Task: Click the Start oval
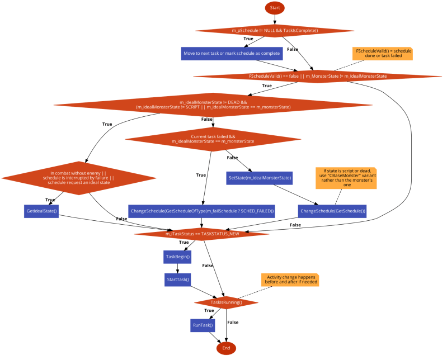(x=275, y=8)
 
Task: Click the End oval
(x=227, y=348)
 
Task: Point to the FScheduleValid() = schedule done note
(x=382, y=54)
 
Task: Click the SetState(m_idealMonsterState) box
(x=260, y=178)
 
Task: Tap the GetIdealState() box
(x=42, y=211)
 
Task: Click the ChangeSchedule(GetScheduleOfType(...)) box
(x=202, y=211)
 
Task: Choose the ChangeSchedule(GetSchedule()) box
(x=332, y=211)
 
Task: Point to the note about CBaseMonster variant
(x=346, y=178)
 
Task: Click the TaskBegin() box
(x=178, y=257)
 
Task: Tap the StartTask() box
(x=178, y=279)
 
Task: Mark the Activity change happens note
(x=290, y=280)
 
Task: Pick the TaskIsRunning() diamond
(x=226, y=302)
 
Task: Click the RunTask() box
(x=203, y=325)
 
